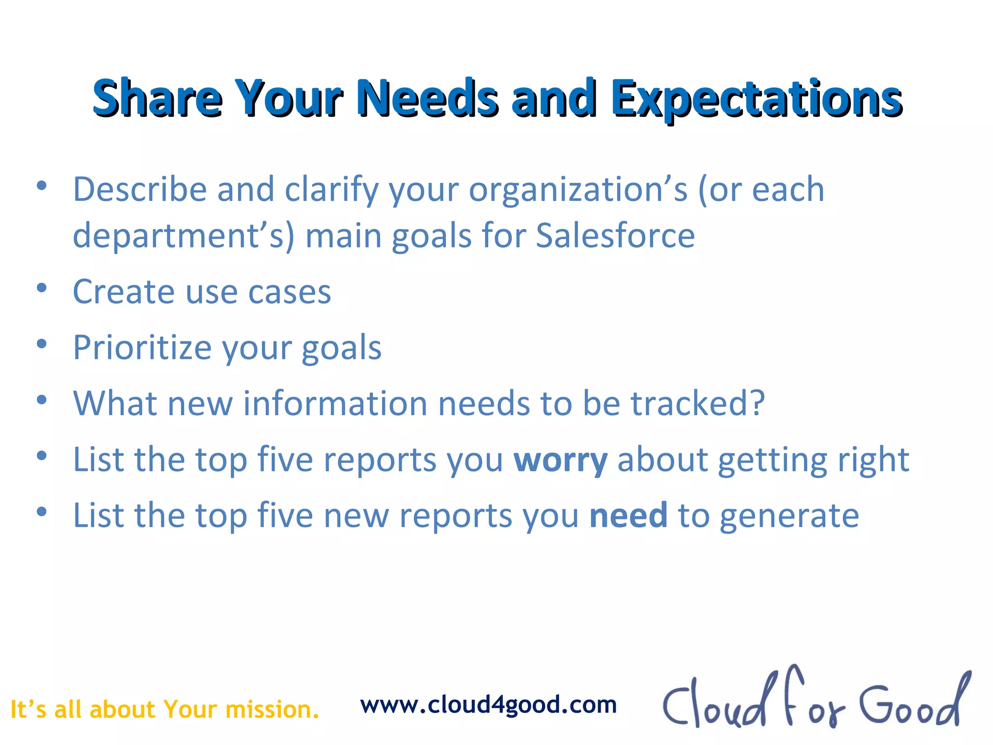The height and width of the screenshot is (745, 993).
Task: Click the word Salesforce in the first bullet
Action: [615, 236]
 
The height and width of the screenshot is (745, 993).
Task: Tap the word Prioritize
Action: [142, 348]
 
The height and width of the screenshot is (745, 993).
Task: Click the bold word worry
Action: [560, 460]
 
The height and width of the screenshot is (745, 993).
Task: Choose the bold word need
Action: [628, 515]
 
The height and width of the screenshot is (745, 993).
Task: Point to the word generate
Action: [789, 516]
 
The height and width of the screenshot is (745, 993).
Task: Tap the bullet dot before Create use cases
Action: [42, 288]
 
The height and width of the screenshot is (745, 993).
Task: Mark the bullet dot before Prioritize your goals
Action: [42, 344]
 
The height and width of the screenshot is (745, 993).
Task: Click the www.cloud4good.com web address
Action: [488, 705]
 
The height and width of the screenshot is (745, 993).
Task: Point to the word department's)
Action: [183, 236]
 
